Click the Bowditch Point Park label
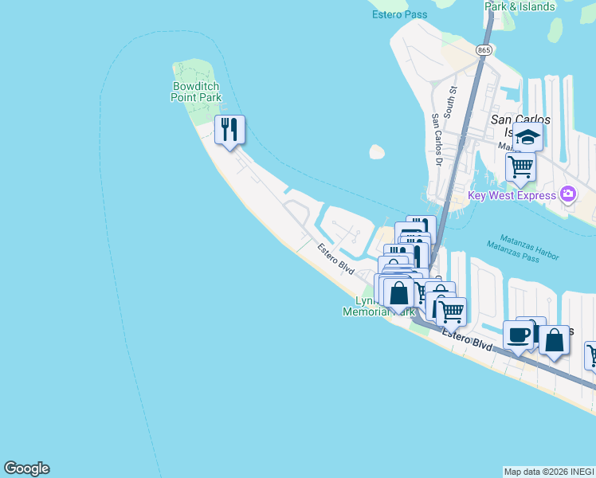click(196, 92)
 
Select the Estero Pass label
click(399, 14)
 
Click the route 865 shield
click(484, 49)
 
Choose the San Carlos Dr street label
click(436, 139)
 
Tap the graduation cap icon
click(527, 137)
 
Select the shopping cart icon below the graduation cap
click(520, 167)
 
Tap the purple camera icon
click(568, 194)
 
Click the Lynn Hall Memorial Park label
click(378, 307)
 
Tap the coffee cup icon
click(519, 335)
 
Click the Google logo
click(26, 468)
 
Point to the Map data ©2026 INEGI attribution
click(549, 472)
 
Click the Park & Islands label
click(520, 6)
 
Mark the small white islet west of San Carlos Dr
click(377, 151)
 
